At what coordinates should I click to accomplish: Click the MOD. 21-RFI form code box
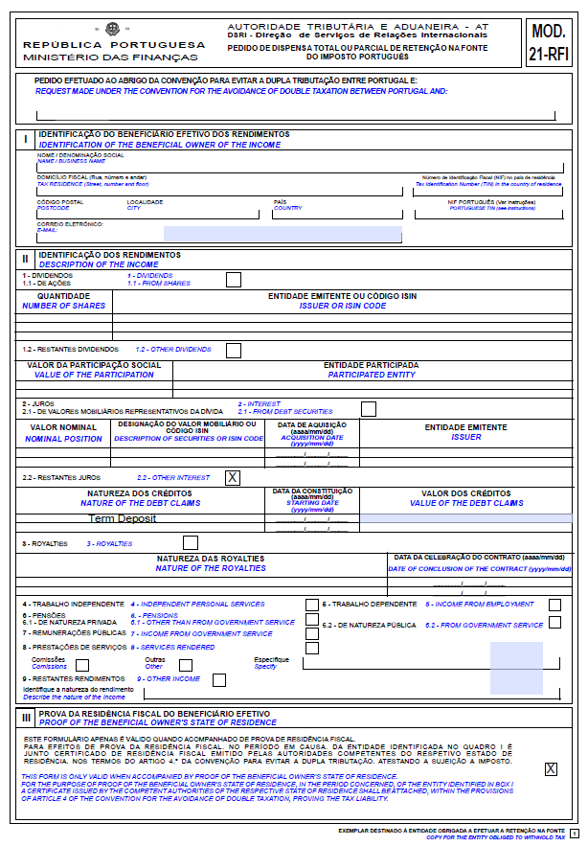click(x=550, y=43)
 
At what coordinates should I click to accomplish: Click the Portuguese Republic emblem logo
click(x=113, y=30)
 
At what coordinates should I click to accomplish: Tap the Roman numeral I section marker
click(x=26, y=139)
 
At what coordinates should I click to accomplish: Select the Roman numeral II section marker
click(x=26, y=259)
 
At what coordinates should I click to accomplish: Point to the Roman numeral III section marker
click(x=26, y=718)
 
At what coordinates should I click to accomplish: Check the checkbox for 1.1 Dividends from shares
click(x=233, y=280)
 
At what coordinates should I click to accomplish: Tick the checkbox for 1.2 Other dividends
click(x=233, y=350)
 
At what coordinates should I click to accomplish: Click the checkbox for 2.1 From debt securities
click(x=368, y=409)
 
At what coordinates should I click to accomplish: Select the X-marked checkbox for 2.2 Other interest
click(x=233, y=477)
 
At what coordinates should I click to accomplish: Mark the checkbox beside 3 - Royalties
click(x=190, y=543)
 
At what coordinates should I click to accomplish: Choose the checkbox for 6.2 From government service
click(x=555, y=623)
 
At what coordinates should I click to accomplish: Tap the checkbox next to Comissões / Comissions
click(x=82, y=665)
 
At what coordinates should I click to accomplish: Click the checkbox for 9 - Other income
click(x=219, y=680)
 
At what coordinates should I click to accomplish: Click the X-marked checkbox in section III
click(x=551, y=768)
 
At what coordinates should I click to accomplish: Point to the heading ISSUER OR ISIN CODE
click(x=343, y=306)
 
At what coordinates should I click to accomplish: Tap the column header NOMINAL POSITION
click(x=63, y=439)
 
